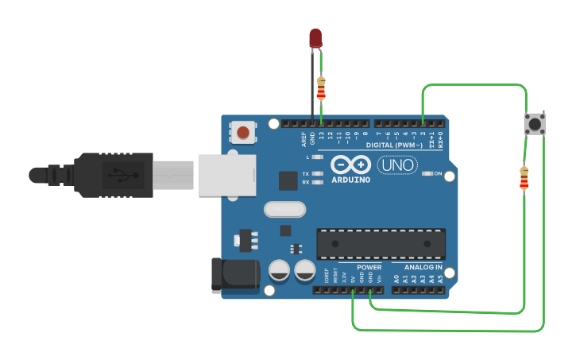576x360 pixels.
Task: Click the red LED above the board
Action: (315, 37)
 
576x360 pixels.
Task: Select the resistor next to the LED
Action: (321, 89)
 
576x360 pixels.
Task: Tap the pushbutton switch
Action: (535, 124)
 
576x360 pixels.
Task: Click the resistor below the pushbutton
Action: (524, 180)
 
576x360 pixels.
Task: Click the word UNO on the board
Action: (397, 165)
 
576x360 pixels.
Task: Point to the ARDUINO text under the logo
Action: (350, 180)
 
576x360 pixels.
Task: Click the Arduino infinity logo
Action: (350, 165)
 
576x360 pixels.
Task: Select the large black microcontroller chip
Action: (381, 243)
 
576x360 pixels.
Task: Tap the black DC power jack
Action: (235, 275)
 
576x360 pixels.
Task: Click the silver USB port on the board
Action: (227, 174)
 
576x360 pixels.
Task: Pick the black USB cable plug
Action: (111, 174)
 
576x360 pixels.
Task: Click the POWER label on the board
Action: (369, 267)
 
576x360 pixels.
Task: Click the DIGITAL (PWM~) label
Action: (396, 145)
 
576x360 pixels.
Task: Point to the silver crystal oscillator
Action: (284, 209)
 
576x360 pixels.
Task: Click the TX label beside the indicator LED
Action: (306, 173)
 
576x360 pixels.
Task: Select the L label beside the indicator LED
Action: (307, 157)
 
